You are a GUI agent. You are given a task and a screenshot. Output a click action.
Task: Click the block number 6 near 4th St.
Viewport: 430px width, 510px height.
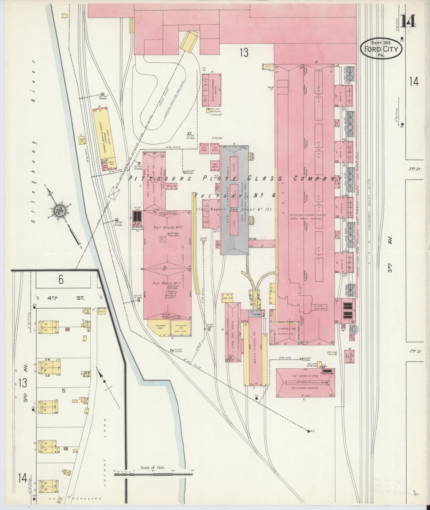coord(61,279)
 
